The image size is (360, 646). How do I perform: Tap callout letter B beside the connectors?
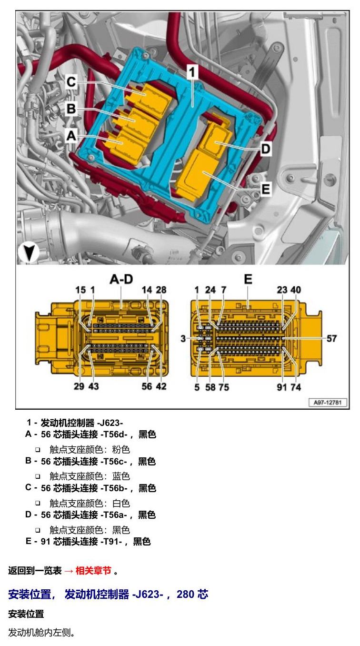pyautogui.click(x=71, y=109)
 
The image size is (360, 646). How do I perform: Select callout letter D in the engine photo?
pyautogui.click(x=265, y=149)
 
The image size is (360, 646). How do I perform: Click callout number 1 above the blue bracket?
pyautogui.click(x=192, y=72)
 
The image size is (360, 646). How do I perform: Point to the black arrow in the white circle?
pyautogui.click(x=29, y=253)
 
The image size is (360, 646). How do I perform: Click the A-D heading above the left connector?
pyautogui.click(x=121, y=279)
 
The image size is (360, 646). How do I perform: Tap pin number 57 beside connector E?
pyautogui.click(x=331, y=338)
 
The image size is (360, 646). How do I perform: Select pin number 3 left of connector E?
pyautogui.click(x=183, y=338)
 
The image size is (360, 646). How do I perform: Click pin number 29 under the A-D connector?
pyautogui.click(x=79, y=386)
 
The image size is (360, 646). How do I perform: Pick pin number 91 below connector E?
pyautogui.click(x=281, y=387)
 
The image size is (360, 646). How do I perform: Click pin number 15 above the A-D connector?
pyautogui.click(x=80, y=290)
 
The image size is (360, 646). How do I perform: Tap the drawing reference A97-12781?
pyautogui.click(x=328, y=402)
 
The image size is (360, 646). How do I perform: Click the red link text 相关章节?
pyautogui.click(x=93, y=570)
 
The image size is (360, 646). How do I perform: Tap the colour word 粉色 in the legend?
pyautogui.click(x=121, y=449)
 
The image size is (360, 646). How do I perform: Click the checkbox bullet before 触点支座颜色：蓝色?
pyautogui.click(x=38, y=476)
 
